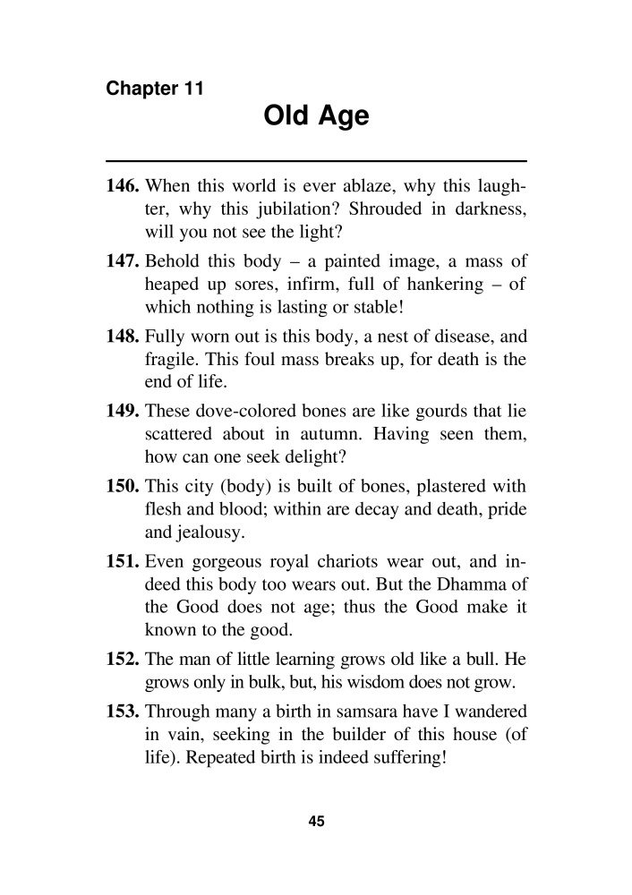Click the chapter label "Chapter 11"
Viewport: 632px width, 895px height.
coord(155,89)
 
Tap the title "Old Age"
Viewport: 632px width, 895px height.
coord(316,117)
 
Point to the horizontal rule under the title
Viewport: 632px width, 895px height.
coord(316,160)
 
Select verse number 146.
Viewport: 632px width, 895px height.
coord(123,188)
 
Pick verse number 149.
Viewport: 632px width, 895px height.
coord(123,413)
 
